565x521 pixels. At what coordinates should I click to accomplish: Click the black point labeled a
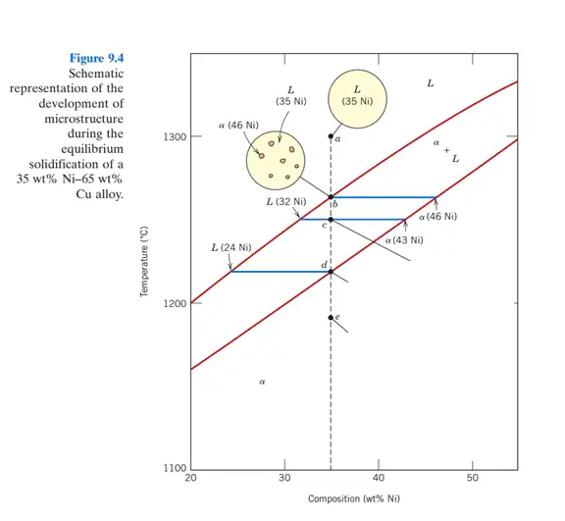331,136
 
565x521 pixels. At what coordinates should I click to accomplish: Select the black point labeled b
331,197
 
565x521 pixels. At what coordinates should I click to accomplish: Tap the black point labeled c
331,220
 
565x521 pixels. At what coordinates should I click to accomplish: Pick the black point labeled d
331,272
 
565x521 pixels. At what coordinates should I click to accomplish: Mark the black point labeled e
331,318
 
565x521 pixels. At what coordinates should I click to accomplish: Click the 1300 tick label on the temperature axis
175,137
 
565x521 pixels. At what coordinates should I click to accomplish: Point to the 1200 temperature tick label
175,303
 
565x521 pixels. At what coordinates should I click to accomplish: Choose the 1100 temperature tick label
175,468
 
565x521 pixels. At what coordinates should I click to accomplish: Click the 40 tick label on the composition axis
379,478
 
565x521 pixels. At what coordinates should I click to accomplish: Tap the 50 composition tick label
473,478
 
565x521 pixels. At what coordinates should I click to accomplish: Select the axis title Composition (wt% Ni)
354,498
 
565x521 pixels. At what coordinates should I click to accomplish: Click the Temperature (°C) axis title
144,262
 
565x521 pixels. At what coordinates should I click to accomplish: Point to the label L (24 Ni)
231,247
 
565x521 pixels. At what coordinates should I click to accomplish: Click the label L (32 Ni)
286,201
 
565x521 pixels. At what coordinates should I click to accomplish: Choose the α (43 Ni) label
404,240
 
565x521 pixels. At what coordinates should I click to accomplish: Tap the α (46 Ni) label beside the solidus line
438,217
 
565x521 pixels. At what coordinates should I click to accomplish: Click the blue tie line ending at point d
281,272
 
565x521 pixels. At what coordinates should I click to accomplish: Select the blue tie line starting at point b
384,197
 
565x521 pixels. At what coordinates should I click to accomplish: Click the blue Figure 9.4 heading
96,58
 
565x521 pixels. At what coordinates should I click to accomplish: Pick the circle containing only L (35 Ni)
357,99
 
